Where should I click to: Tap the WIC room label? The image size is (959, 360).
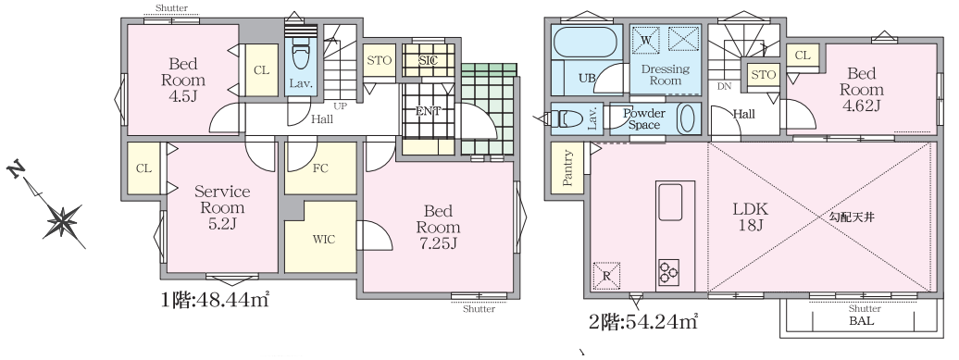pyautogui.click(x=324, y=240)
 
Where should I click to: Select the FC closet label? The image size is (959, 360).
pyautogui.click(x=320, y=168)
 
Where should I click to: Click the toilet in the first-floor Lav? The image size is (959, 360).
pyautogui.click(x=300, y=54)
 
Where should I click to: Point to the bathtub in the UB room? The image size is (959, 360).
pyautogui.click(x=584, y=43)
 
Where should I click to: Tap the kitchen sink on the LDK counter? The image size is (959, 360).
pyautogui.click(x=669, y=202)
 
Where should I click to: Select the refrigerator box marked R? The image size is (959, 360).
pyautogui.click(x=606, y=275)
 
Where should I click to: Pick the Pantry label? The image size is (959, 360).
pyautogui.click(x=567, y=168)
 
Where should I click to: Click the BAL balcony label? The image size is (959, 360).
pyautogui.click(x=861, y=321)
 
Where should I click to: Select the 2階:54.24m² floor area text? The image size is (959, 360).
pyautogui.click(x=642, y=321)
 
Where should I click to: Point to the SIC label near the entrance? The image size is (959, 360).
pyautogui.click(x=428, y=61)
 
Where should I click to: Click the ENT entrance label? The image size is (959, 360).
pyautogui.click(x=428, y=111)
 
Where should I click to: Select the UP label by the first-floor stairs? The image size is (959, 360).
pyautogui.click(x=340, y=106)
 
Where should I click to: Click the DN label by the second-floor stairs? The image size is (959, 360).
pyautogui.click(x=724, y=86)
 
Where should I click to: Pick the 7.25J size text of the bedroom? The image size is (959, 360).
pyautogui.click(x=438, y=243)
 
